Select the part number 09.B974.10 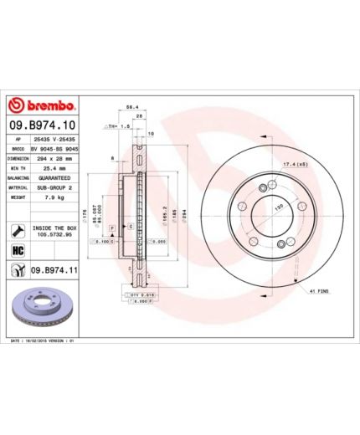pos(42,125)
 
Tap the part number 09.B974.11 pos(54,271)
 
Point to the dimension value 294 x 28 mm pos(54,157)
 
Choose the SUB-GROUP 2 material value pos(54,188)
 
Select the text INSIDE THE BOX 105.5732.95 pos(54,230)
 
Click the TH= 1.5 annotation pos(116,126)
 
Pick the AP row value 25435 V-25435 pos(54,137)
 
